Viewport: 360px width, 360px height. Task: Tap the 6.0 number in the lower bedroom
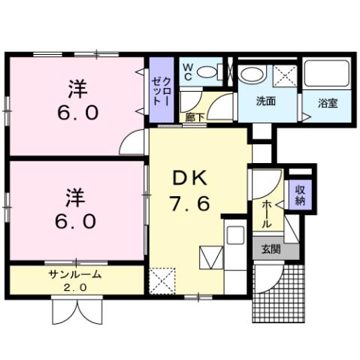pyautogui.click(x=74, y=222)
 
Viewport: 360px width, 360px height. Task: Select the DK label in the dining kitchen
pyautogui.click(x=189, y=178)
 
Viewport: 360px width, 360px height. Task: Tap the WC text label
pyautogui.click(x=188, y=71)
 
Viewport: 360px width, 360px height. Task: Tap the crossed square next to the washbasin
pyautogui.click(x=284, y=75)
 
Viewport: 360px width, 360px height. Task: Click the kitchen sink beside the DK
pyautogui.click(x=234, y=234)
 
